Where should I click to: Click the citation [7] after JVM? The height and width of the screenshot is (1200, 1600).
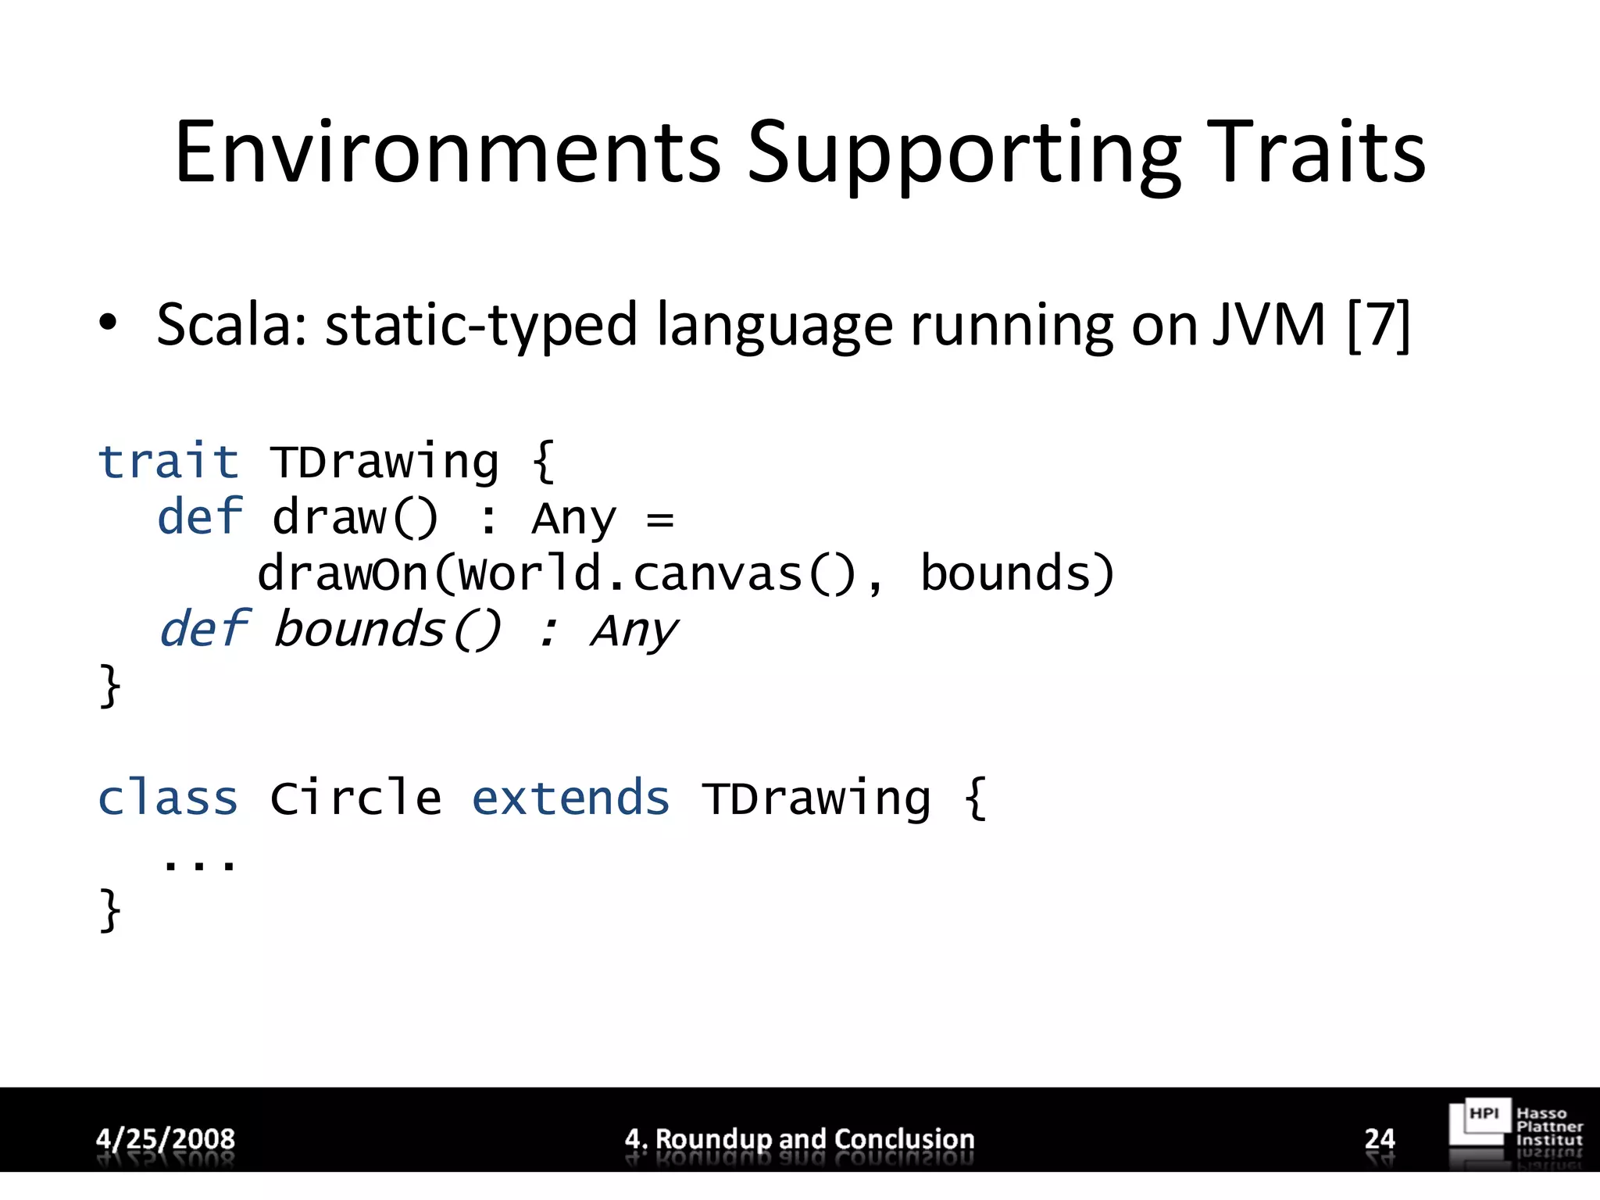(1379, 324)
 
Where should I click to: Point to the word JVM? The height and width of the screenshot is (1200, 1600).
(1269, 324)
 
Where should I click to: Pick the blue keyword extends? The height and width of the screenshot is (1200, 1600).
(570, 798)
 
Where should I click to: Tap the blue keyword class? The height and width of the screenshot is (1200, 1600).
(168, 798)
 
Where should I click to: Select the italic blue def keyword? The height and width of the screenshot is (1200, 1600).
(203, 629)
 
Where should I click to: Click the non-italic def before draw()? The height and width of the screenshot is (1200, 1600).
(200, 517)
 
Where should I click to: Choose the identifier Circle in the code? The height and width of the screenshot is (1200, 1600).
(355, 798)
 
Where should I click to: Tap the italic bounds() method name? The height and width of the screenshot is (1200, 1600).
(387, 629)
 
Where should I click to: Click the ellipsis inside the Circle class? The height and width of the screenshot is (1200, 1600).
(198, 863)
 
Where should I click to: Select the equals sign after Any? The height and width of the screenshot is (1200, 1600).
(660, 519)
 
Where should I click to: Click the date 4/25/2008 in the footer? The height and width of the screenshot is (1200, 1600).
(165, 1138)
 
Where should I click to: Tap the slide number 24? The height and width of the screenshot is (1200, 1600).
(1380, 1138)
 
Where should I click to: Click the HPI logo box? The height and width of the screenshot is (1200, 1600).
(1480, 1123)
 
